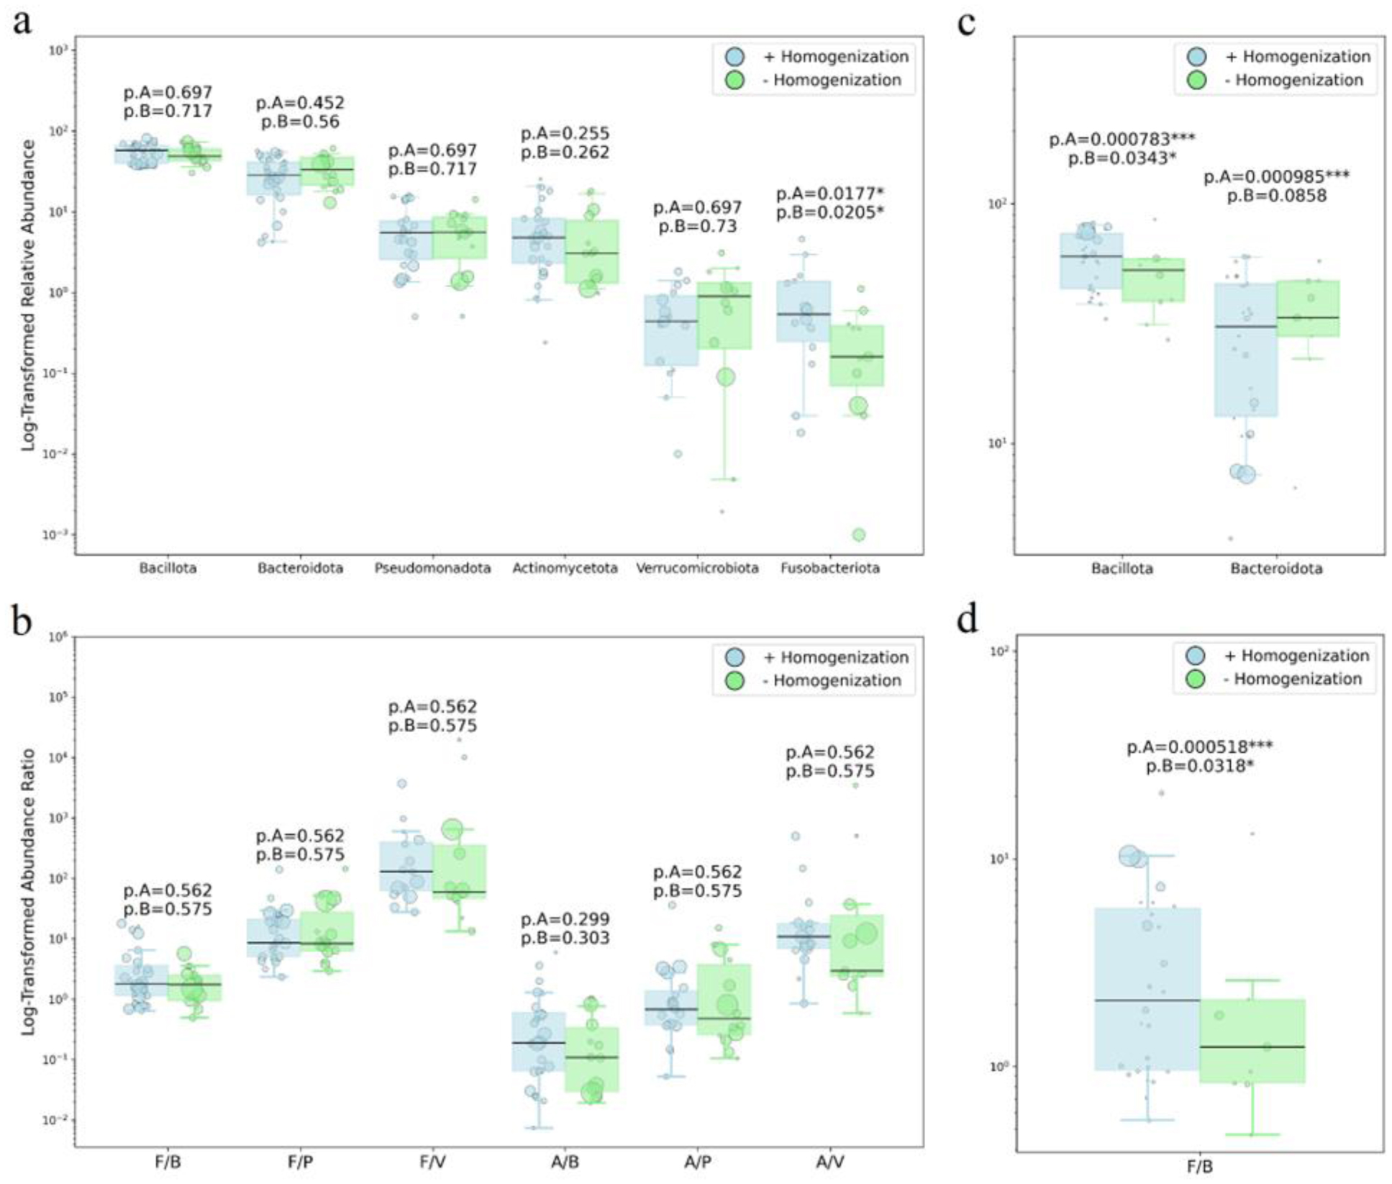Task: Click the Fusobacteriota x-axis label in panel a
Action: tap(829, 569)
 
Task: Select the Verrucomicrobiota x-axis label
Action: tap(697, 569)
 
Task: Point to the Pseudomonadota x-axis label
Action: tap(432, 569)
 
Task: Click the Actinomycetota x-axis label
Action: tap(565, 569)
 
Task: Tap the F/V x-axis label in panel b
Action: tap(432, 1162)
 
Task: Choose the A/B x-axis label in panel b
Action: tap(565, 1162)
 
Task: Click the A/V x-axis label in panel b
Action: tap(829, 1162)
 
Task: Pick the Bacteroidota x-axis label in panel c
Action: tap(1275, 569)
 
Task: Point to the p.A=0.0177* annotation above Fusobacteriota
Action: tap(829, 194)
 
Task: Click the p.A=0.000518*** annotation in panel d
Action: tap(1199, 747)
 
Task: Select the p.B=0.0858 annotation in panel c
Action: tap(1276, 196)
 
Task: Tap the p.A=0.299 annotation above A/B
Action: tap(565, 919)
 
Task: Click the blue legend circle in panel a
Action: tap(734, 57)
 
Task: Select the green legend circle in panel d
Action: tap(1196, 679)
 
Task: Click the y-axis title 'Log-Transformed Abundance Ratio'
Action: tap(28, 892)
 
